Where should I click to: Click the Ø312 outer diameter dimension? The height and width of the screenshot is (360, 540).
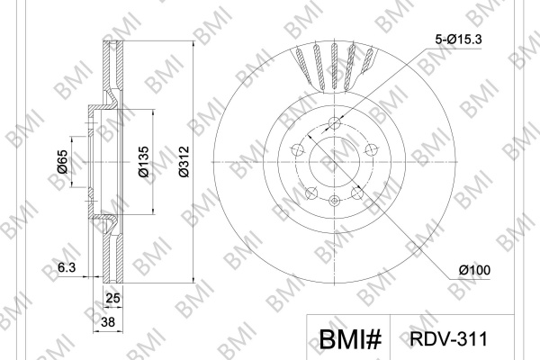click(x=184, y=162)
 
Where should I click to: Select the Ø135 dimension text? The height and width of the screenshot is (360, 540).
click(x=144, y=162)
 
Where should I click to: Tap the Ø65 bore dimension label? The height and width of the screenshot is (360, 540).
click(x=62, y=162)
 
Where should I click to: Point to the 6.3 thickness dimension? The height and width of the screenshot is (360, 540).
click(x=67, y=267)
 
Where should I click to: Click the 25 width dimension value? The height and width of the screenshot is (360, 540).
click(x=113, y=298)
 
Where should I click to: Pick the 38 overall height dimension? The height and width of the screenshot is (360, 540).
click(x=108, y=322)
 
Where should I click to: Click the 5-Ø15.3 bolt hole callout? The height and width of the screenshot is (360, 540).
click(x=458, y=40)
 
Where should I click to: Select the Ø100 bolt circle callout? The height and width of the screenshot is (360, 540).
click(x=474, y=270)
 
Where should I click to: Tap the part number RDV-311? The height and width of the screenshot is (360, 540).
click(x=449, y=339)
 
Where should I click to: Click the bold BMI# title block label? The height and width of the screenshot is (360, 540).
click(x=351, y=339)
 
